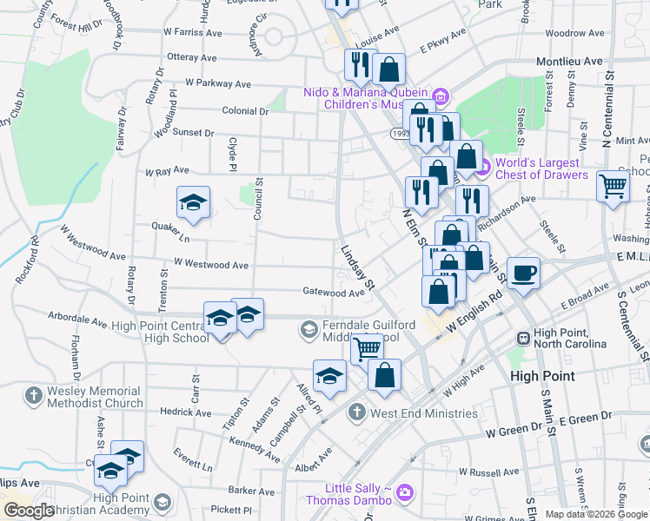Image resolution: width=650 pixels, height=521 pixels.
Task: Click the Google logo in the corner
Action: [x=28, y=511]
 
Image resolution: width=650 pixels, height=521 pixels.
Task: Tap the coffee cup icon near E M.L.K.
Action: [x=523, y=274]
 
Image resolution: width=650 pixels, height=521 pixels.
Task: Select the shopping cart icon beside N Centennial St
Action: [x=614, y=185]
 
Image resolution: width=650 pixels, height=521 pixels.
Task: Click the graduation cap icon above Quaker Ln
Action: [x=193, y=203]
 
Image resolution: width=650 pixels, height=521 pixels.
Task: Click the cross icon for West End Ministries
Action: [x=357, y=412]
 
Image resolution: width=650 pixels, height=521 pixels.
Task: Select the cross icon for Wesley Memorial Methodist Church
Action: [x=34, y=396]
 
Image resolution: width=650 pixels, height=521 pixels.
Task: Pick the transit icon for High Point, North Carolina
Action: [x=523, y=337]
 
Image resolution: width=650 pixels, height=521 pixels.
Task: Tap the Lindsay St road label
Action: [x=357, y=267]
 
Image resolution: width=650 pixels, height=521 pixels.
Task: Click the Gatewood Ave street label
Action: [x=333, y=293]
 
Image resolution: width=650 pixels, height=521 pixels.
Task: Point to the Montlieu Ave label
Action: [x=569, y=62]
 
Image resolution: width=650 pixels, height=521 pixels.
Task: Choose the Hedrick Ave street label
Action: [x=185, y=412]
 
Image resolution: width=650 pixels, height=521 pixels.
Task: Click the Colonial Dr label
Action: [x=245, y=111]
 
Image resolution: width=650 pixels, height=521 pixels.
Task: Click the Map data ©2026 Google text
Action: [x=596, y=514]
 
